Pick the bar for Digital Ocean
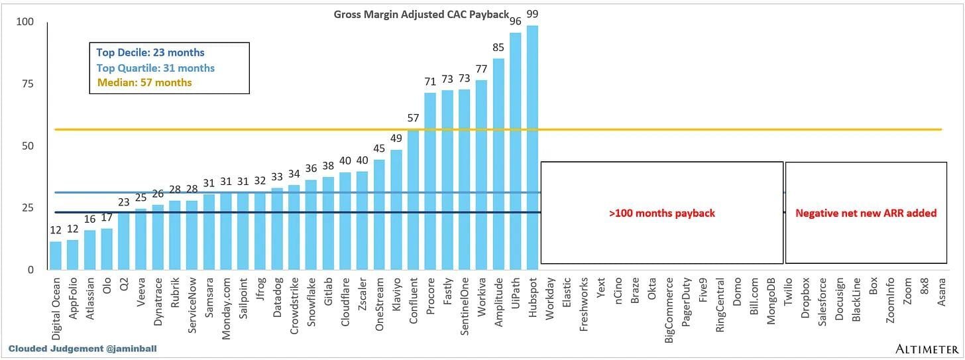(56, 255)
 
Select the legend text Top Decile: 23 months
(150, 53)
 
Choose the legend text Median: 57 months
(144, 83)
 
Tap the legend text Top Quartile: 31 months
(155, 68)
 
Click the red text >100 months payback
(662, 213)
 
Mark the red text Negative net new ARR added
(866, 213)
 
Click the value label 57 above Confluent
(412, 118)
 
